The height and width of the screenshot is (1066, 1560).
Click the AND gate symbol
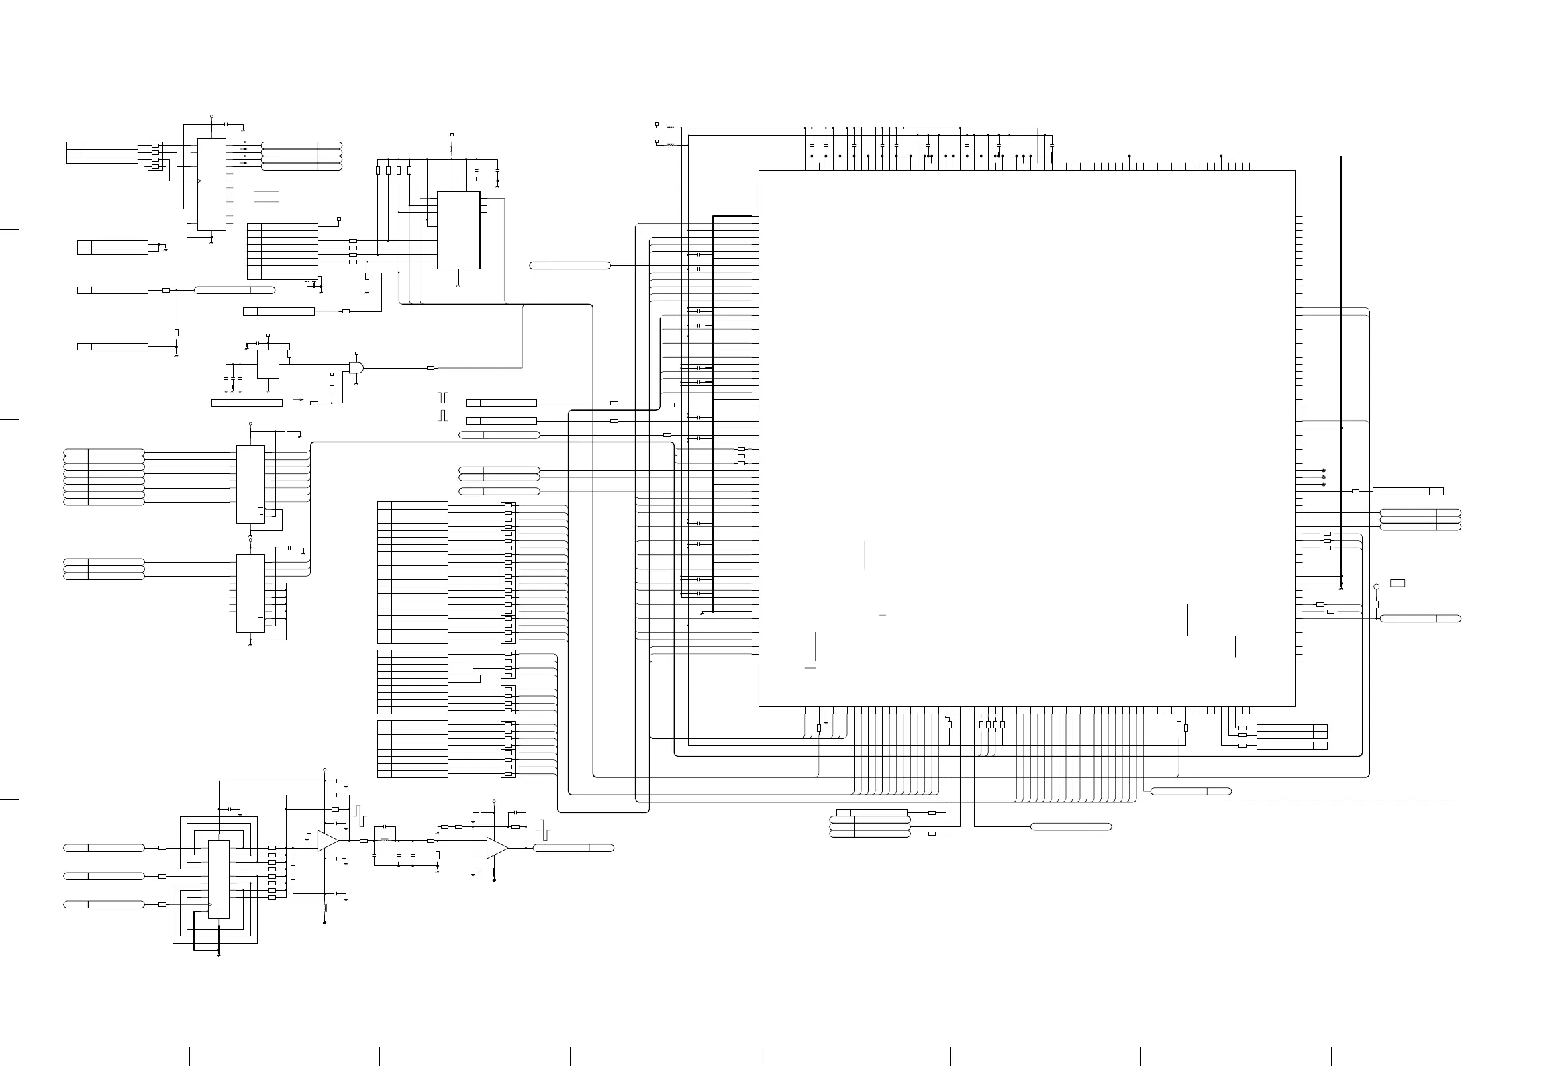[x=356, y=368]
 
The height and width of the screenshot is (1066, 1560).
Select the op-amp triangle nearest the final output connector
[x=497, y=848]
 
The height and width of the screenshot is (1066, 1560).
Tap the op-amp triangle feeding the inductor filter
[x=328, y=841]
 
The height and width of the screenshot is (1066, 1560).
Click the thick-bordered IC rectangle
[x=458, y=230]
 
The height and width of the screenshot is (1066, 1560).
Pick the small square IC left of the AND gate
[x=268, y=364]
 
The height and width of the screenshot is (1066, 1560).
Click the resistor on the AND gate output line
[x=431, y=368]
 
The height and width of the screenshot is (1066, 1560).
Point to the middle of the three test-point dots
[x=1323, y=477]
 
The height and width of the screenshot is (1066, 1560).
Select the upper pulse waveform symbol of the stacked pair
[x=442, y=397]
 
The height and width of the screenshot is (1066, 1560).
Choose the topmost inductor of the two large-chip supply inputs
[x=670, y=126]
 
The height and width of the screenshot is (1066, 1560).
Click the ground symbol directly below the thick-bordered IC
[x=458, y=285]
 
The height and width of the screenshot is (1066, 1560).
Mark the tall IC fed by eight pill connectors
[x=250, y=484]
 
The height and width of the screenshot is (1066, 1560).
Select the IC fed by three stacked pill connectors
[x=250, y=593]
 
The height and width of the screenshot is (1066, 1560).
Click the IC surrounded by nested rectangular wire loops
[x=218, y=879]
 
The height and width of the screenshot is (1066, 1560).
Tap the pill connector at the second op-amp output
[x=573, y=848]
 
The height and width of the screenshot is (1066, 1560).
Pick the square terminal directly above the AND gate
[x=356, y=352]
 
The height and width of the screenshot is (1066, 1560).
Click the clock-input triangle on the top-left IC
[x=199, y=181]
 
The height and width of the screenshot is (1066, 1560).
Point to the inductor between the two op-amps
[x=385, y=840]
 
